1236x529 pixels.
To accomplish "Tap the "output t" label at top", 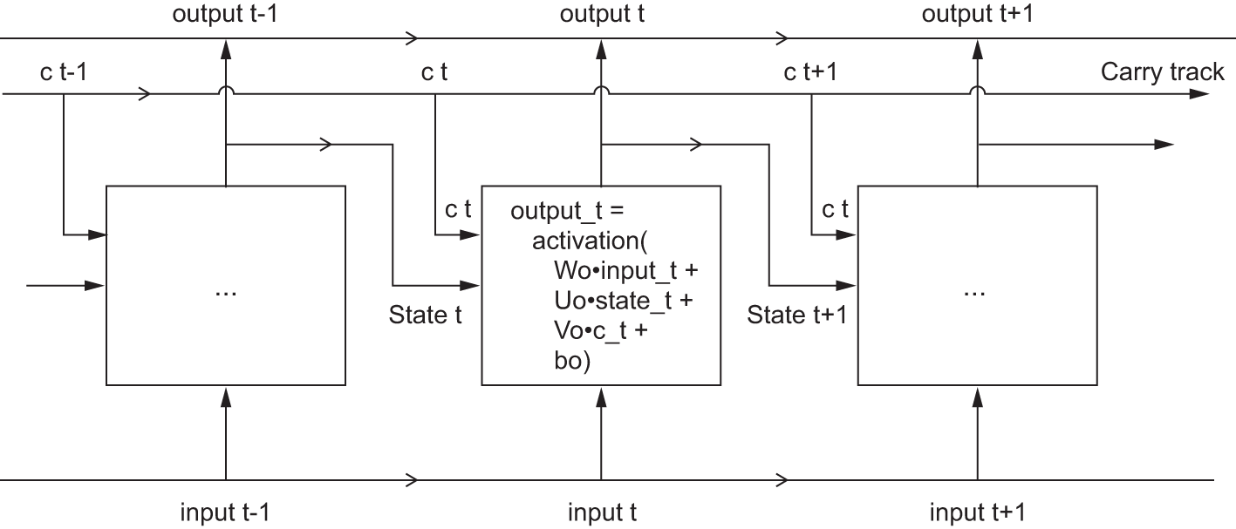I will coord(602,15).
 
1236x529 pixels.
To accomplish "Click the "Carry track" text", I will coord(1162,71).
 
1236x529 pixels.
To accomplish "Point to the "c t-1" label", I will coord(63,71).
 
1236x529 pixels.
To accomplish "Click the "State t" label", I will coord(426,315).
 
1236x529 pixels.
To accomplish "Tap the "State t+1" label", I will coord(796,315).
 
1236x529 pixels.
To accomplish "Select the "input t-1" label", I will coord(225,512).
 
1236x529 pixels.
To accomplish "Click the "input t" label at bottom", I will coord(602,512).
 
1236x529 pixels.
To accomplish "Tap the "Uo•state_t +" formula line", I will coord(625,301).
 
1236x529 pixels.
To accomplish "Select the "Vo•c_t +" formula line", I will coord(600,331).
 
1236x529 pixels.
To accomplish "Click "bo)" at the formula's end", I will coord(572,361).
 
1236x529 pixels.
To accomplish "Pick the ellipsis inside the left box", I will coord(225,291).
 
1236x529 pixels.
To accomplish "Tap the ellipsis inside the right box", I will coord(976,291).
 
